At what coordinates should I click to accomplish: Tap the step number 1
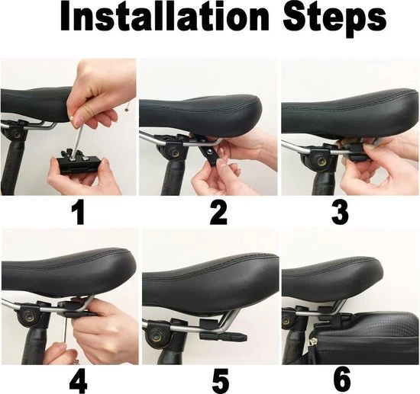click(78, 213)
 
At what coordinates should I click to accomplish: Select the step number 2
click(218, 213)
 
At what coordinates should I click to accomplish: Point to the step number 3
click(340, 213)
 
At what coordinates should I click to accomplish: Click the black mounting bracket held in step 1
click(79, 164)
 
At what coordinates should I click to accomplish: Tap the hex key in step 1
click(76, 138)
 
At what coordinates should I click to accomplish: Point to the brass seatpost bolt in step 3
click(321, 161)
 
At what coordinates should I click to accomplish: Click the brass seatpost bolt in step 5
click(155, 336)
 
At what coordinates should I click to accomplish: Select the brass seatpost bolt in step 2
click(176, 153)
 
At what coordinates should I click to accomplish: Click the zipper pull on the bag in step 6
click(312, 343)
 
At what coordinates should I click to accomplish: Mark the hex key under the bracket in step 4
click(65, 328)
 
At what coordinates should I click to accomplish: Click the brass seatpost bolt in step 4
click(28, 318)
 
